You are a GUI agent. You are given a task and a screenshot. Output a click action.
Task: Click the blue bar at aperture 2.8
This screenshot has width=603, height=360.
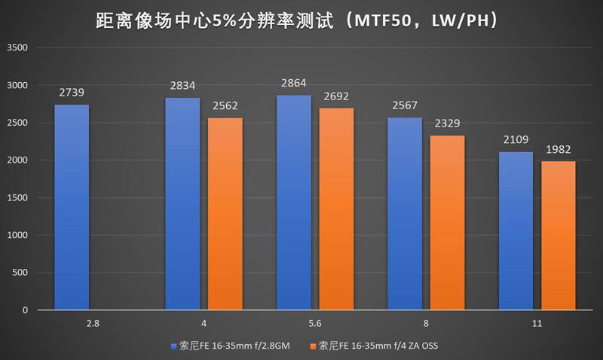[x=72, y=207]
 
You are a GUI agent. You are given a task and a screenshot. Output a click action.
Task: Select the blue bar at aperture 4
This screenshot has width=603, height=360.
[x=183, y=203]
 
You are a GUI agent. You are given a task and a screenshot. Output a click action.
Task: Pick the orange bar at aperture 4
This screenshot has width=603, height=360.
[x=225, y=214]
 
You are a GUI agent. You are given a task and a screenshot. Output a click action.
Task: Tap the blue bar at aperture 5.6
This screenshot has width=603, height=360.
[x=294, y=203]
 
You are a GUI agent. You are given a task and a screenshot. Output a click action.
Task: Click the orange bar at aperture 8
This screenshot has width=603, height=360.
[x=447, y=222]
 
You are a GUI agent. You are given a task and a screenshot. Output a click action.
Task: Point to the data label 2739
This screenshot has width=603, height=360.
[x=72, y=93]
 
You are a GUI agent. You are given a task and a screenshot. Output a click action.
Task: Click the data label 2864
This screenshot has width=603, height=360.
[x=294, y=84]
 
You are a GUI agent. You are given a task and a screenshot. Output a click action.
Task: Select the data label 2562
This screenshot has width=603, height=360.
[x=225, y=106]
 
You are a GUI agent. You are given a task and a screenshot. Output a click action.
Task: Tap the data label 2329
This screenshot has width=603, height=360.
[x=447, y=124]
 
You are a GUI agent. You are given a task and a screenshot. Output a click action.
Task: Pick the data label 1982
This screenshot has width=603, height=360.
[x=558, y=149]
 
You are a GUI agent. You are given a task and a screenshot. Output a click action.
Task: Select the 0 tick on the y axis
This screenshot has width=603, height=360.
[x=25, y=310]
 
